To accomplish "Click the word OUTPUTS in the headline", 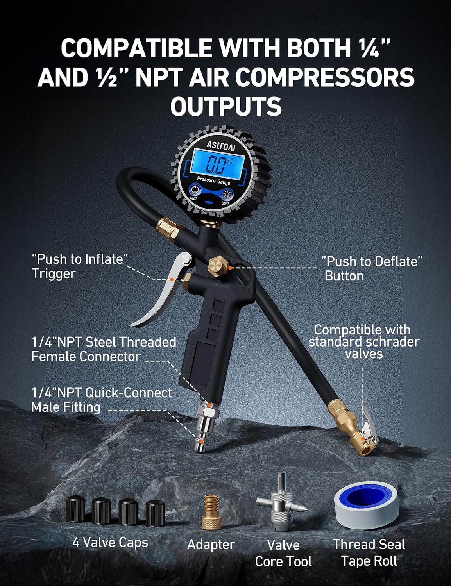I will click(225, 106).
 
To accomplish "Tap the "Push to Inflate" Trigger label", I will click(80, 266).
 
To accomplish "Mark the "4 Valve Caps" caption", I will click(110, 542).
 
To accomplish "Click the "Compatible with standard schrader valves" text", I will click(363, 341).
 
